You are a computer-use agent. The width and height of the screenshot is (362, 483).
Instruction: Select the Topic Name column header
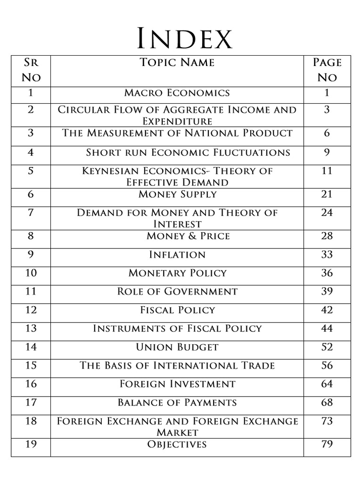click(177, 62)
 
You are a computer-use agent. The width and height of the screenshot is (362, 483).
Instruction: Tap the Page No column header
click(327, 69)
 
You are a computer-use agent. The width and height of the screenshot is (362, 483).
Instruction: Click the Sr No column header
click(31, 69)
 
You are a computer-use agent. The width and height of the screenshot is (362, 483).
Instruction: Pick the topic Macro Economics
click(177, 92)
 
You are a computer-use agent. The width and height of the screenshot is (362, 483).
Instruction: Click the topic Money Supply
click(177, 194)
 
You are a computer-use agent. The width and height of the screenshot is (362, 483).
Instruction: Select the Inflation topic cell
click(177, 255)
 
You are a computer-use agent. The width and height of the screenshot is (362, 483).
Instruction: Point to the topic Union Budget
click(177, 347)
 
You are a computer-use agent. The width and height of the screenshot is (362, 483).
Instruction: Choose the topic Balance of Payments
click(177, 402)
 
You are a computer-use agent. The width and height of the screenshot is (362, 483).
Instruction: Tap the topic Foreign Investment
click(177, 384)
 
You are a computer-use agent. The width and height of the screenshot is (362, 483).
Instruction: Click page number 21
click(327, 194)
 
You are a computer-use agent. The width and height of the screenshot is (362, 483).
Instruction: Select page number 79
click(327, 444)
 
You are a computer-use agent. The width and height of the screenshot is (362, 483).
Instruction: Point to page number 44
click(327, 328)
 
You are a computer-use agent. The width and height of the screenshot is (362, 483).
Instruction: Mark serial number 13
click(31, 328)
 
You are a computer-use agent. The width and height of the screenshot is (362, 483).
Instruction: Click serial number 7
click(31, 212)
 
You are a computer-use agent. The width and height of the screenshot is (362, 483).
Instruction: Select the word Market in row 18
click(177, 432)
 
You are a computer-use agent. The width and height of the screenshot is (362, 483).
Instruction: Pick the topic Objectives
click(177, 444)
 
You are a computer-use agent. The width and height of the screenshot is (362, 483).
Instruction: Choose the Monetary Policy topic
click(177, 273)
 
